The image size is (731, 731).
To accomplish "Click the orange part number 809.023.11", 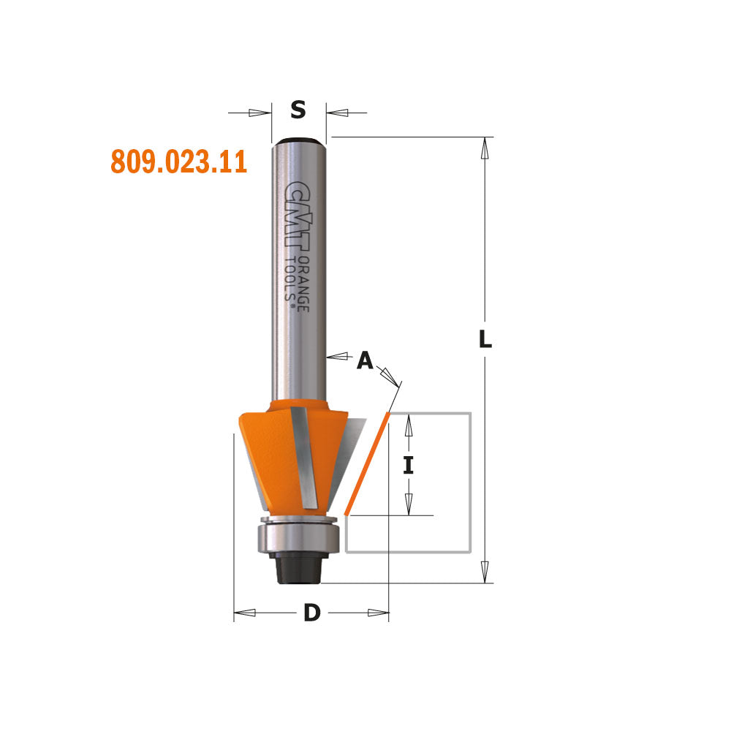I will pyautogui.click(x=178, y=161).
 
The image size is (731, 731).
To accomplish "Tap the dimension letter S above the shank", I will pyautogui.click(x=298, y=110).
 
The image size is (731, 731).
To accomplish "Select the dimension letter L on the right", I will pyautogui.click(x=485, y=340).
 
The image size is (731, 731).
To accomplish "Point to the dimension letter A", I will pyautogui.click(x=365, y=360).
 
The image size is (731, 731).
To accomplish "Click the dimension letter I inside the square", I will pyautogui.click(x=409, y=465).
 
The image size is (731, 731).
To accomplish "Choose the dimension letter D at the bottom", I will pyautogui.click(x=312, y=613).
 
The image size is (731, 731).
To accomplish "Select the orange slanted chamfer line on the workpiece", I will pyautogui.click(x=366, y=462).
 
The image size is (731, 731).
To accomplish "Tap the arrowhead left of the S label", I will pyautogui.click(x=260, y=113).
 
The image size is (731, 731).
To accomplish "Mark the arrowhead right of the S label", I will pyautogui.click(x=337, y=113).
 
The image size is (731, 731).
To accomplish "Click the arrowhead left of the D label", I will pyautogui.click(x=245, y=613).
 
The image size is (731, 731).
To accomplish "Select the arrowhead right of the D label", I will pyautogui.click(x=378, y=613).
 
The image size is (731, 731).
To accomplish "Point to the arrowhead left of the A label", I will pyautogui.click(x=336, y=357).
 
